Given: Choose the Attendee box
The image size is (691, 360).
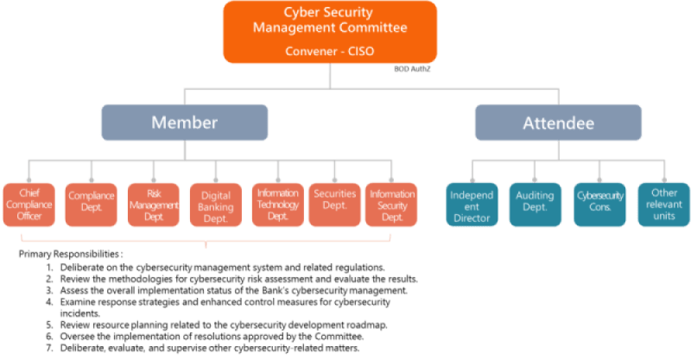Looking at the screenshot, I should [x=558, y=123].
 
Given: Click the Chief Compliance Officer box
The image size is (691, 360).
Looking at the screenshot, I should [x=29, y=204].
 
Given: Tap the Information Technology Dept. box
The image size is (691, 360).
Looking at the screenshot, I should [x=277, y=204].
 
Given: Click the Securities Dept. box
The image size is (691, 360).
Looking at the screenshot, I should [x=334, y=204].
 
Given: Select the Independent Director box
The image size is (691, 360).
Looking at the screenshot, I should [x=471, y=204].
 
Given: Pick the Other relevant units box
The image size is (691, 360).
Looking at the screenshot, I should [x=662, y=204].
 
